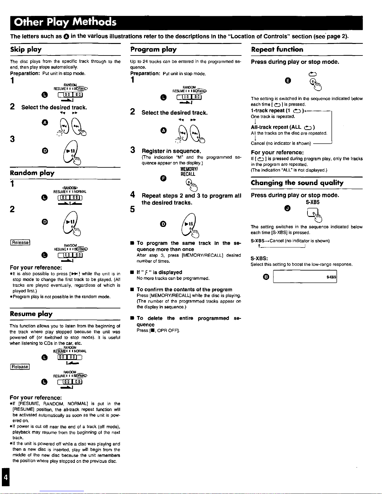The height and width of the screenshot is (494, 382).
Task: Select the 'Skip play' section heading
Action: pyautogui.click(x=26, y=50)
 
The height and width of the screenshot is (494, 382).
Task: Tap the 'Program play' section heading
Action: pyautogui.click(x=153, y=50)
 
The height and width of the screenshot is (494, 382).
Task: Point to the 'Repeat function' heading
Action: pyautogui.click(x=277, y=50)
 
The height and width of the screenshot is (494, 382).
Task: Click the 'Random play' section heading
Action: pyautogui.click(x=32, y=173)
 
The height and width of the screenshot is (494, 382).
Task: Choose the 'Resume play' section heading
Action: pyautogui.click(x=31, y=314)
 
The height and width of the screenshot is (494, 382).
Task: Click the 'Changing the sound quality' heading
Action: pyautogui.click(x=297, y=183)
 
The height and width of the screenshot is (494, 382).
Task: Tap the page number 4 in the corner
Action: pyautogui.click(x=5, y=477)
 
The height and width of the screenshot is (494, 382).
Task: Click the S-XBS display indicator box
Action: pyautogui.click(x=305, y=277)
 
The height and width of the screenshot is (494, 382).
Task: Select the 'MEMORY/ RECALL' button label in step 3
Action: pyautogui.click(x=188, y=171)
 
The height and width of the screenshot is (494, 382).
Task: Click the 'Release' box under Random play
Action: pyautogui.click(x=20, y=242)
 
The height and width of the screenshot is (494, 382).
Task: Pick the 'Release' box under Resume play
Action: pyautogui.click(x=20, y=367)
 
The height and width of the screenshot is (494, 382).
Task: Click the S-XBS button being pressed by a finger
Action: pyautogui.click(x=312, y=213)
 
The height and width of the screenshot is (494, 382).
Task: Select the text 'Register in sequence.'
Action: pyautogui.click(x=171, y=151)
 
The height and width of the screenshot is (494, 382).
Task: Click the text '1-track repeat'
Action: pyautogui.click(x=268, y=111)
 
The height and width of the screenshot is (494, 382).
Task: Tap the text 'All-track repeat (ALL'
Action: pyautogui.click(x=276, y=127)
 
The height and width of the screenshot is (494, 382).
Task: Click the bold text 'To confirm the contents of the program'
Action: pyautogui.click(x=184, y=290)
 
